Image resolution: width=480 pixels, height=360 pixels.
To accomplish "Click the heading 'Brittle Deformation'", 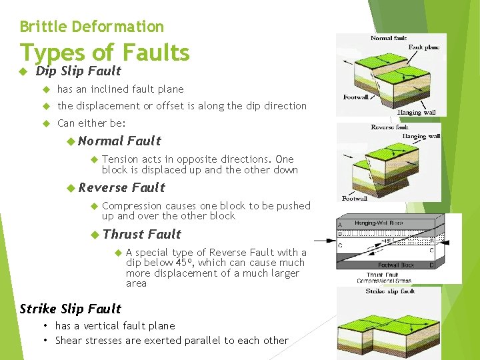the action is pyautogui.click(x=91, y=27).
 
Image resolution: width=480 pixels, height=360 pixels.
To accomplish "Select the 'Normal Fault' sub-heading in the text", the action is pyautogui.click(x=119, y=141).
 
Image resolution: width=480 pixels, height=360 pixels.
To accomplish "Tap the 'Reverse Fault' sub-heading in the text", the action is pyautogui.click(x=121, y=187).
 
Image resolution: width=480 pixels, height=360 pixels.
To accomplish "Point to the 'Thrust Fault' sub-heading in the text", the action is pyautogui.click(x=142, y=234).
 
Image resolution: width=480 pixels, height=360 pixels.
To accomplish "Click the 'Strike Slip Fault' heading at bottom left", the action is pyautogui.click(x=70, y=309).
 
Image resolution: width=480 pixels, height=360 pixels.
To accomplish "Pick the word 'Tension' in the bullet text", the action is pyautogui.click(x=121, y=159).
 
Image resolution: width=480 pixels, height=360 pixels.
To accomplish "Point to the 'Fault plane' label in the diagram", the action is pyautogui.click(x=424, y=48).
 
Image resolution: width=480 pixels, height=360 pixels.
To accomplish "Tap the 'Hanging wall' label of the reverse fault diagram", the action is pyautogui.click(x=421, y=137).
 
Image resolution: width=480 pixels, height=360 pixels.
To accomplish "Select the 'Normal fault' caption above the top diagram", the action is pyautogui.click(x=389, y=39).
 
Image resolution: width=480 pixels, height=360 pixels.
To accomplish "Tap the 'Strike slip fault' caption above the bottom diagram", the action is pyautogui.click(x=390, y=291).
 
